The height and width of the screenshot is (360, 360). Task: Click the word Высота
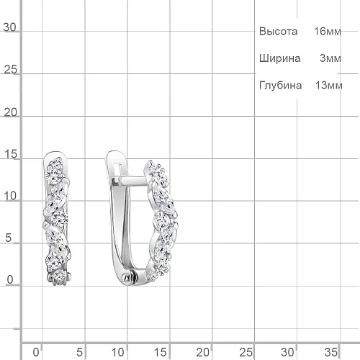tap(278, 32)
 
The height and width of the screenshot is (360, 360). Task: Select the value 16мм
tap(328, 31)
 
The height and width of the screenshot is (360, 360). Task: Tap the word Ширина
tap(279, 58)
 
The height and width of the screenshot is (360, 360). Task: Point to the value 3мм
tap(330, 58)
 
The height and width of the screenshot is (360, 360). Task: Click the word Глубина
tap(280, 85)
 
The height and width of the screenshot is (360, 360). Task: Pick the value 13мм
tap(329, 85)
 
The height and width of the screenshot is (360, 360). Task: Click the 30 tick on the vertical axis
tap(9, 27)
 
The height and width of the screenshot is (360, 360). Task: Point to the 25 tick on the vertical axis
tap(11, 70)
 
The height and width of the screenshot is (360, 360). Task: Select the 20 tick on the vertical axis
tap(11, 112)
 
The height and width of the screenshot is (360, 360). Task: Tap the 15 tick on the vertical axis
tap(11, 154)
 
